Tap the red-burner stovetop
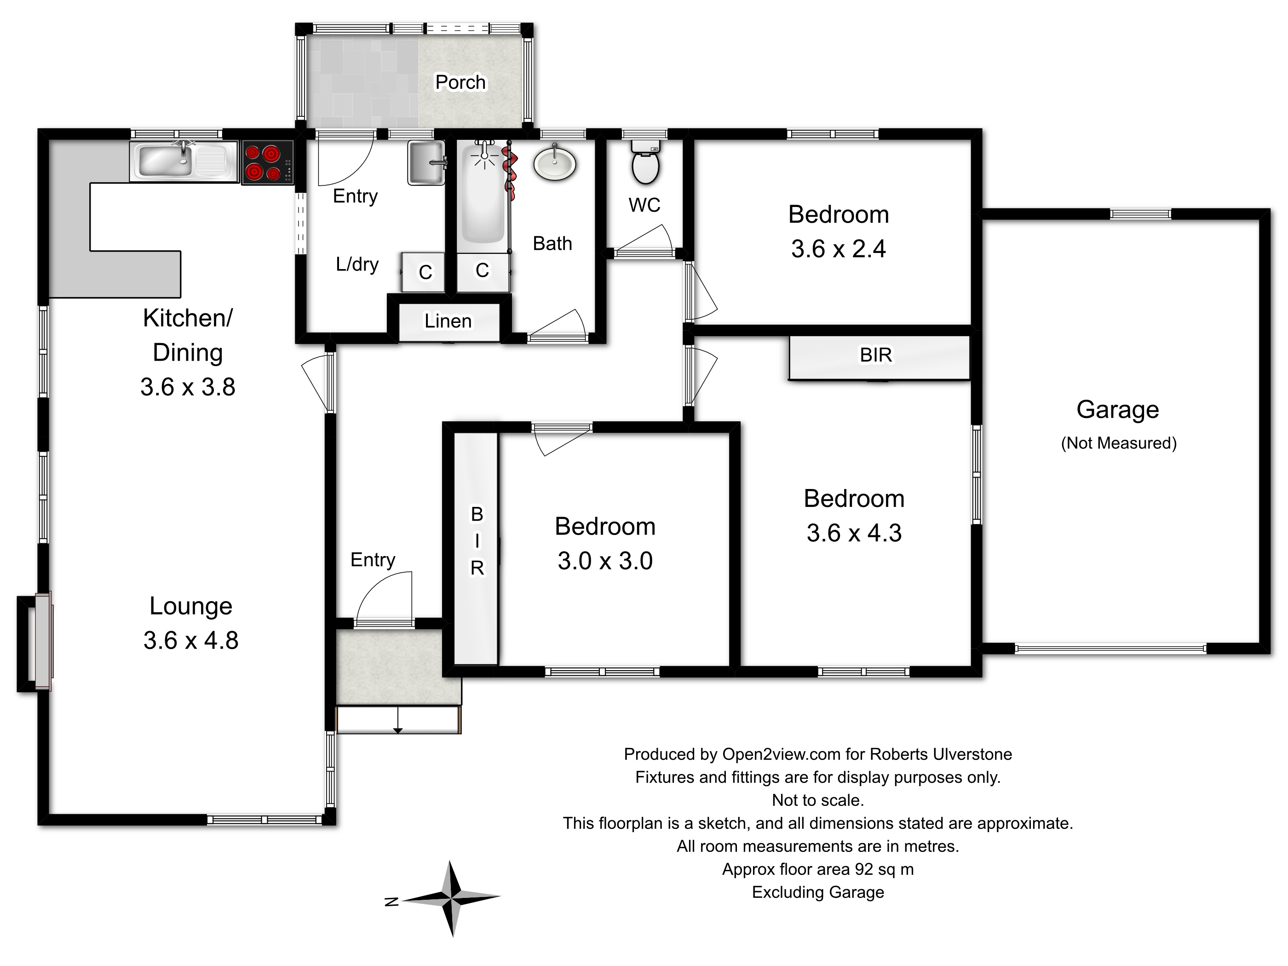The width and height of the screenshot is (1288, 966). pos(268,163)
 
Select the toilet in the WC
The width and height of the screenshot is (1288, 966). pos(645,160)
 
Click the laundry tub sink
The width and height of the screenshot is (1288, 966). pos(426,162)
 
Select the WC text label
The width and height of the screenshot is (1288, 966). pos(644,205)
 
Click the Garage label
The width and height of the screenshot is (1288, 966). pos(1118,410)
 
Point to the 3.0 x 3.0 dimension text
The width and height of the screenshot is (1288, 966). pos(605,561)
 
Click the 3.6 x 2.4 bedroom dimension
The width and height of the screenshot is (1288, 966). pos(839,249)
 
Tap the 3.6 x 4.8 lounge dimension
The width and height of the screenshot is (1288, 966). pos(191,640)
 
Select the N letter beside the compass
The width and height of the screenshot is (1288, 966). pos(392,901)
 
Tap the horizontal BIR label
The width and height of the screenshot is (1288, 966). pos(876,355)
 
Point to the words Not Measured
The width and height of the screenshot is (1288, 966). pos(1119,443)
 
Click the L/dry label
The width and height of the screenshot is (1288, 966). pos(357,264)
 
